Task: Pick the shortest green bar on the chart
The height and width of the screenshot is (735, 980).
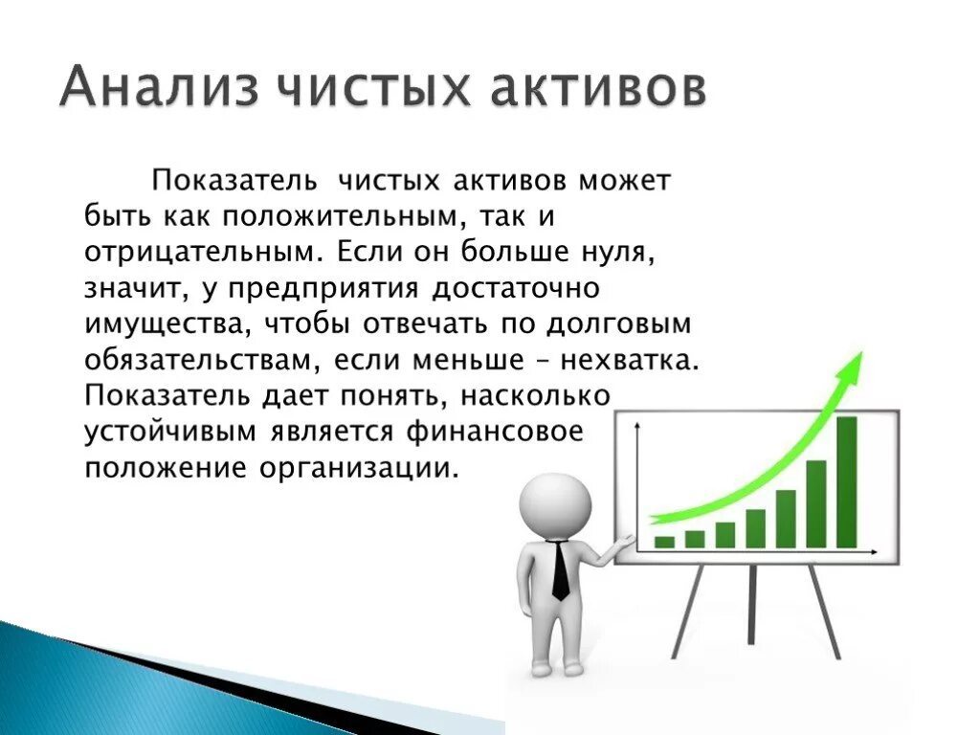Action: pos(664,542)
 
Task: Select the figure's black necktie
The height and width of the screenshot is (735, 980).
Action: pos(560,572)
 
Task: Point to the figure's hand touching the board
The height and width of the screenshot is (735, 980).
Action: pos(624,544)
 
